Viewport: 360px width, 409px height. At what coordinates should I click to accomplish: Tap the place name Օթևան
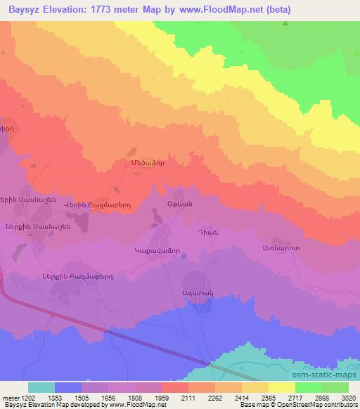click(179, 203)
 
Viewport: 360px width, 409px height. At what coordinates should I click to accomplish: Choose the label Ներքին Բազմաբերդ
click(78, 276)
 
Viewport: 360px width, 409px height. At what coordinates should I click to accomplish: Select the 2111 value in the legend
click(188, 397)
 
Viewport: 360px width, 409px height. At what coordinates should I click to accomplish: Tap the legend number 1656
click(107, 397)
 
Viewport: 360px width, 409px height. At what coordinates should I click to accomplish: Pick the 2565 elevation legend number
click(268, 397)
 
